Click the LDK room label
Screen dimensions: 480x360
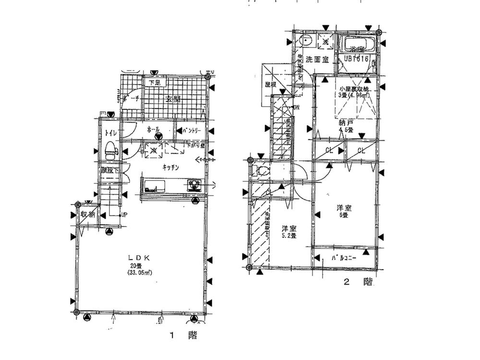coord(140,258)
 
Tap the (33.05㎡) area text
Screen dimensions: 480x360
coord(140,273)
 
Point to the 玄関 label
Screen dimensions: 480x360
coord(173,99)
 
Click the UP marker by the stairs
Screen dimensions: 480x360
coord(124,214)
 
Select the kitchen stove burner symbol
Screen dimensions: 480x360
coord(194,184)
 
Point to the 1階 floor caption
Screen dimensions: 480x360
coord(183,336)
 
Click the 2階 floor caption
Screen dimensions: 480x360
coord(357,282)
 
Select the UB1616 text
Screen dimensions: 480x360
coord(356,59)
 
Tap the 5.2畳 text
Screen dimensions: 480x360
coord(288,236)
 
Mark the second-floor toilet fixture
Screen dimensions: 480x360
coord(261,170)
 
